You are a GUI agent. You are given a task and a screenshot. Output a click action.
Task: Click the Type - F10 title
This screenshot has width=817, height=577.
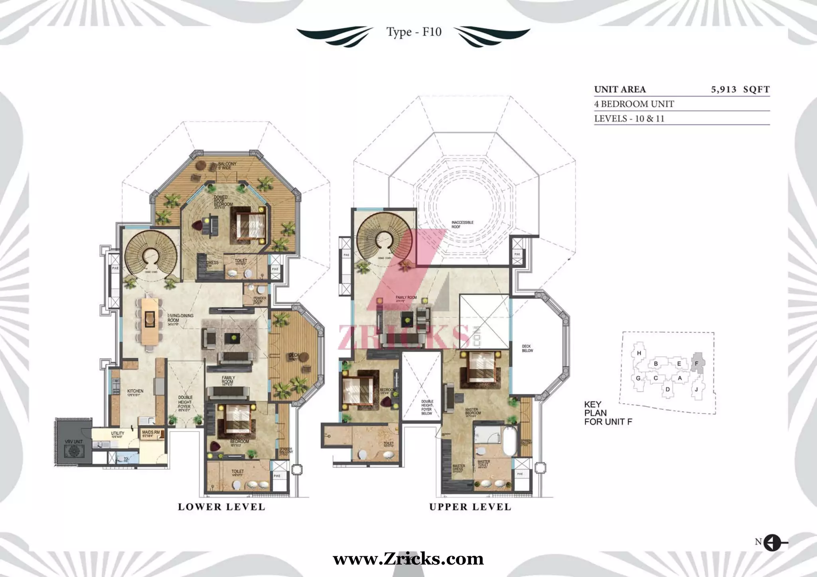click(414, 32)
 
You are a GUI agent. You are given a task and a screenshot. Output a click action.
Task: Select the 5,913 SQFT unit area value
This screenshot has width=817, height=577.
click(740, 89)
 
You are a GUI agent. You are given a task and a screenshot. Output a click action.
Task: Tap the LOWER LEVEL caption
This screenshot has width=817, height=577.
click(221, 507)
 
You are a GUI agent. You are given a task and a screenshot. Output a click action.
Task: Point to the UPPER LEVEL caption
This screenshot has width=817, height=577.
click(470, 507)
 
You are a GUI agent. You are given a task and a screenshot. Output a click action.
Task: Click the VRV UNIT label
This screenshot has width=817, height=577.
click(73, 442)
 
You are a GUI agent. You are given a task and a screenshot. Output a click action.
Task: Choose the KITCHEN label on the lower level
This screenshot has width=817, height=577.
click(135, 391)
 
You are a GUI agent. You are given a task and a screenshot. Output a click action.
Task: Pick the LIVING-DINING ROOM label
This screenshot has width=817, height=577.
click(180, 318)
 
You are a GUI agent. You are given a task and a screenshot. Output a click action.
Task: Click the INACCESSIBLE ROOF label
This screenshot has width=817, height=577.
click(462, 224)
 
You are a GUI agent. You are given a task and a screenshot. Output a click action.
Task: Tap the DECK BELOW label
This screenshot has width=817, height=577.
click(527, 348)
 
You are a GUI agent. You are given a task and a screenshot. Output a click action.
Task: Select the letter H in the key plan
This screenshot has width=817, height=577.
click(639, 353)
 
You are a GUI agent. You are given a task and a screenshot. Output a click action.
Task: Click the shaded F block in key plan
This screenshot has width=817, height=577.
click(697, 363)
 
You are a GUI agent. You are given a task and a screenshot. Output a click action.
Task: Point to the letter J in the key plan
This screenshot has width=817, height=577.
click(696, 389)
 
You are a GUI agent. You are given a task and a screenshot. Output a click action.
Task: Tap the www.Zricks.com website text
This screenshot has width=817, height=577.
click(408, 559)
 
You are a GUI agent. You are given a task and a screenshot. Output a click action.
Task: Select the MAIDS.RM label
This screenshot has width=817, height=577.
click(151, 432)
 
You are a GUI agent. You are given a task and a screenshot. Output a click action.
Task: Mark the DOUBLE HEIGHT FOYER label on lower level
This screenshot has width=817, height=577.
click(185, 402)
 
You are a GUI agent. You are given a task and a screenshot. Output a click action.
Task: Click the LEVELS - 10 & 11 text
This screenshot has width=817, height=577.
click(629, 118)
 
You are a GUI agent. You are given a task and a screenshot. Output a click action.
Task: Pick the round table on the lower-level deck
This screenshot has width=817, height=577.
click(304, 357)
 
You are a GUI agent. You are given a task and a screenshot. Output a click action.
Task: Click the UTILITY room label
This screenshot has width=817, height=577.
click(118, 434)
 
